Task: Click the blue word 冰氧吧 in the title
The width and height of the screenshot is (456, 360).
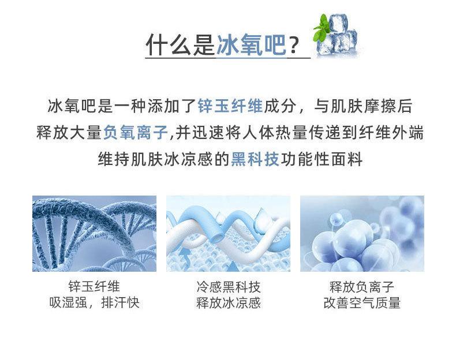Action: point(252,44)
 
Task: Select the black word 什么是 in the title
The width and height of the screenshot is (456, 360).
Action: point(181,44)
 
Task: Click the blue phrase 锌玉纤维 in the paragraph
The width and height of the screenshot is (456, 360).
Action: point(230,106)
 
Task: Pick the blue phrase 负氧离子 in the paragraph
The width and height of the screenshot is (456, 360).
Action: point(136,133)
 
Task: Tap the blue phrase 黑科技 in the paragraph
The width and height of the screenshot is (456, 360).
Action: point(255,159)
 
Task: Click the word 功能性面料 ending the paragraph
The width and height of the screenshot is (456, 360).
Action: point(322,159)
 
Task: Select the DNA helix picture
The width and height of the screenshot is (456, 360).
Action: point(94,234)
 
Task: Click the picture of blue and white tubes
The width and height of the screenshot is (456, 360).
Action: point(229,234)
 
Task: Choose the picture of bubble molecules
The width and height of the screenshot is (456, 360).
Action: point(362,234)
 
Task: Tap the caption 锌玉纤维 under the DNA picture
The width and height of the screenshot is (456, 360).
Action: point(94,287)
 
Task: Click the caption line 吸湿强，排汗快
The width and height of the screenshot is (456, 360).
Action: point(94,303)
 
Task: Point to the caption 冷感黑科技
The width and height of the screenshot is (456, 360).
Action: point(229,287)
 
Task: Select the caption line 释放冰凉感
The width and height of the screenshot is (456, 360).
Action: point(229,303)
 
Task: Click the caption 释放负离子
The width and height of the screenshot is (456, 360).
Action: point(362,287)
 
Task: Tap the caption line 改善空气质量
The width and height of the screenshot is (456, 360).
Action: point(362,303)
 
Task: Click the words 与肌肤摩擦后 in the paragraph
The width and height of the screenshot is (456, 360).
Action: point(363,106)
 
